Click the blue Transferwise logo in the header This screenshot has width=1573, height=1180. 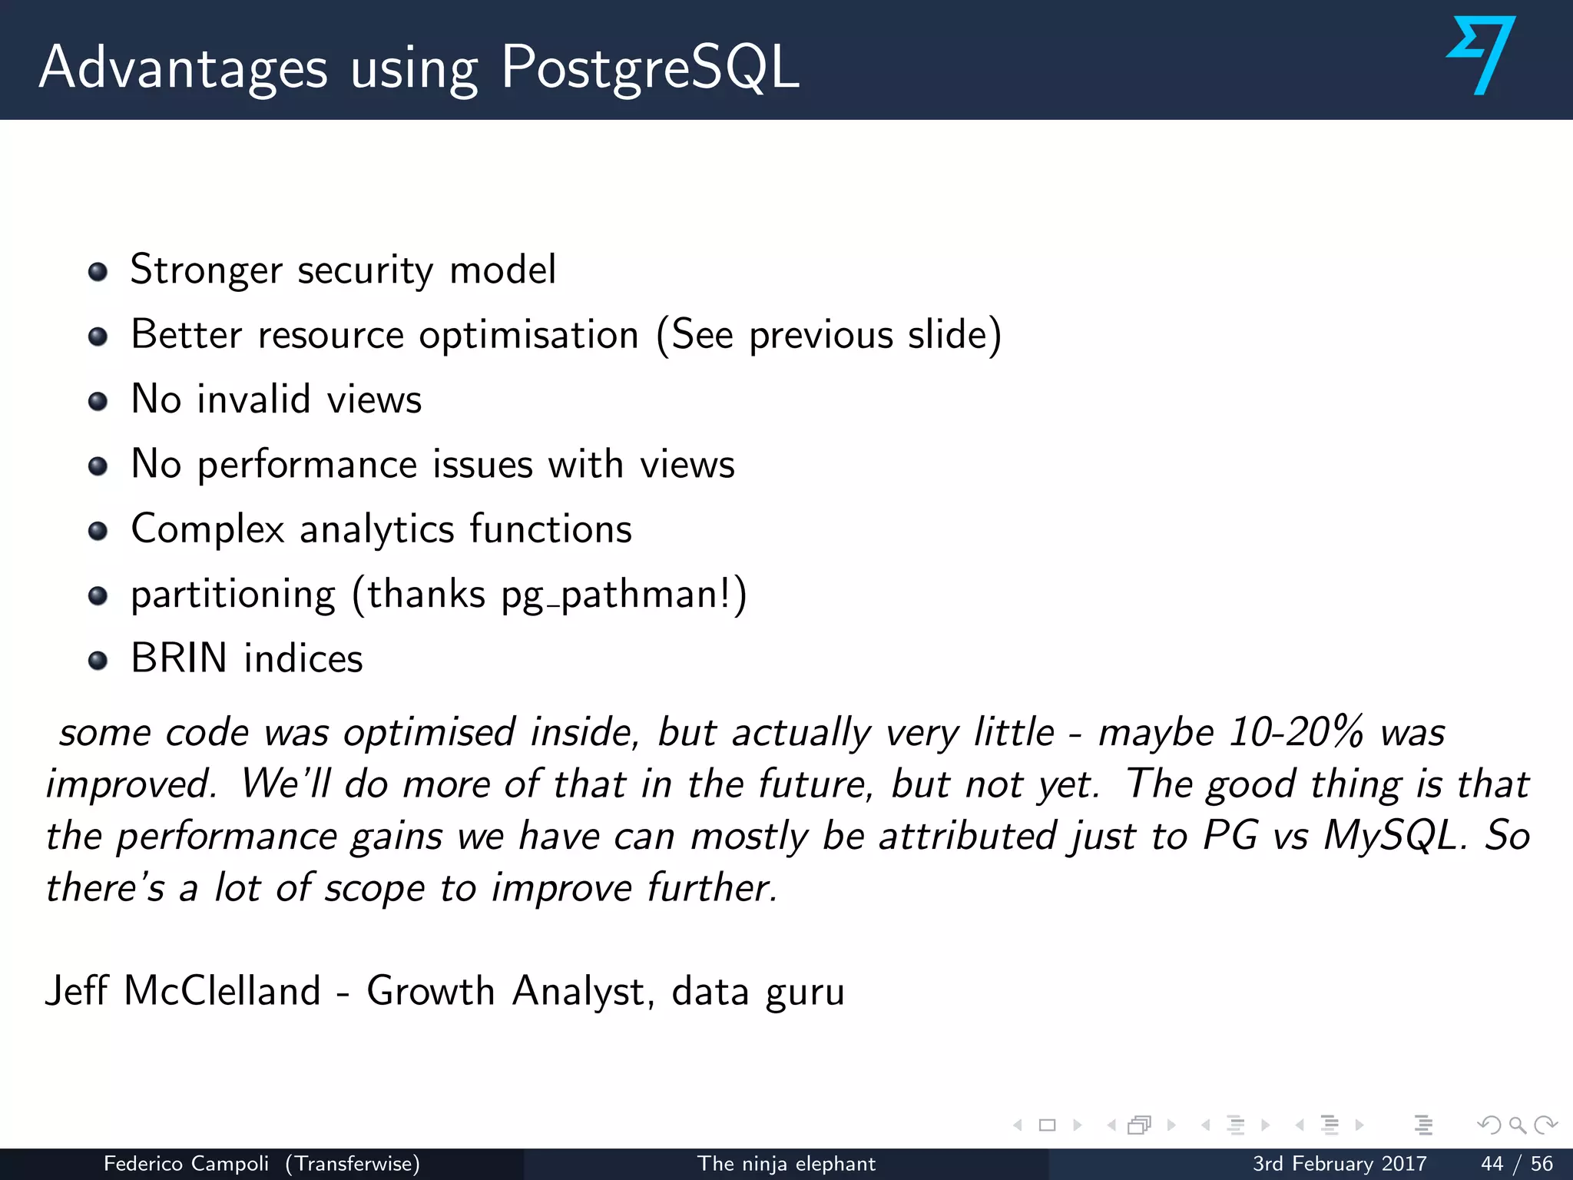coord(1481,55)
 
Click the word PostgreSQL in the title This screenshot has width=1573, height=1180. coord(650,68)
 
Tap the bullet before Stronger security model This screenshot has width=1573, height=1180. coord(98,272)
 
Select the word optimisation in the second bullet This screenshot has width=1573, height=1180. coord(528,336)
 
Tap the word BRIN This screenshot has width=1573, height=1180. coord(179,659)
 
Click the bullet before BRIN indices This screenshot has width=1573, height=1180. coord(98,661)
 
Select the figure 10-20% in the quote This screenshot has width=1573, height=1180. coord(1296,732)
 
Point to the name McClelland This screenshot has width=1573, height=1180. coord(222,991)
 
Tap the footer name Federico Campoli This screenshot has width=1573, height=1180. coord(186,1164)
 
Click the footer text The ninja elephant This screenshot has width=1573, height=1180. coord(786,1164)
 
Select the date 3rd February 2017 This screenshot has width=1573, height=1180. coord(1340,1164)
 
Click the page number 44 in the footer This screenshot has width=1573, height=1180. coord(1492,1164)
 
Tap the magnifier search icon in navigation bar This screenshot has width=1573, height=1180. coord(1517,1125)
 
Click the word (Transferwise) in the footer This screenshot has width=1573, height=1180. coord(353,1164)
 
